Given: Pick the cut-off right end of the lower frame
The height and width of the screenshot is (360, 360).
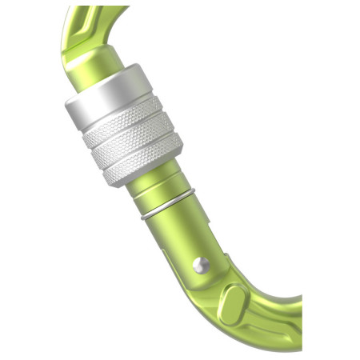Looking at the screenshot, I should tap(298, 324).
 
